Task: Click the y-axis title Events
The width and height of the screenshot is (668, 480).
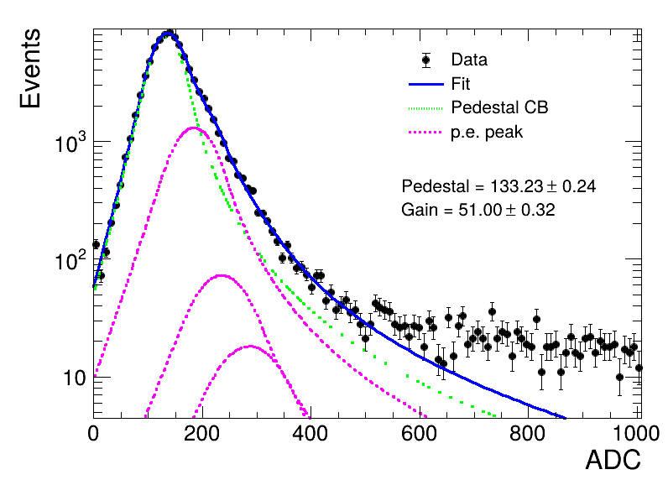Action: (x=30, y=68)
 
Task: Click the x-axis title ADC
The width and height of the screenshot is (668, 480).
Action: (x=613, y=460)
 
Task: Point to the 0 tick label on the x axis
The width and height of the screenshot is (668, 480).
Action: (x=93, y=434)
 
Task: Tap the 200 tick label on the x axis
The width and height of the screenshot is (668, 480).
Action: (x=202, y=434)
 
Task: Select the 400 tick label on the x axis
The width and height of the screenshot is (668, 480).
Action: (x=311, y=434)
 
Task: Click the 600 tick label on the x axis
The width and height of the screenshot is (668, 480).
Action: (x=420, y=434)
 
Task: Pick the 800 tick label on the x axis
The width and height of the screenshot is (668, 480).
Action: (x=527, y=434)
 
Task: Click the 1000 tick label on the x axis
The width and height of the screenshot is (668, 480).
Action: (x=636, y=434)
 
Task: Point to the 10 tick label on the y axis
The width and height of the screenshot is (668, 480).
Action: (x=75, y=378)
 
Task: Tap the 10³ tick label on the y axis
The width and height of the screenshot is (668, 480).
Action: (x=70, y=142)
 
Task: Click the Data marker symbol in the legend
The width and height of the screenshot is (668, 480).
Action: (x=425, y=60)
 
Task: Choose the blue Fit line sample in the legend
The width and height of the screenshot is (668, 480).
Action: (x=425, y=84)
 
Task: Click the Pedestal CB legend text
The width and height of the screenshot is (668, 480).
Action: (x=499, y=107)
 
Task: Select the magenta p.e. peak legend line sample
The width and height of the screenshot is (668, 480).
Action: (x=425, y=133)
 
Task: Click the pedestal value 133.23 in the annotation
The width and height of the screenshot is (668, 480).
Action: (x=517, y=186)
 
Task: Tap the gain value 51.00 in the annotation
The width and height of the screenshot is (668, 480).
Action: (x=481, y=210)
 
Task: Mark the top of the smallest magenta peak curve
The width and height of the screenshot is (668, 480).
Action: (x=250, y=346)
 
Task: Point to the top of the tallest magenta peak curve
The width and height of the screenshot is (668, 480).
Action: (x=194, y=128)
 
